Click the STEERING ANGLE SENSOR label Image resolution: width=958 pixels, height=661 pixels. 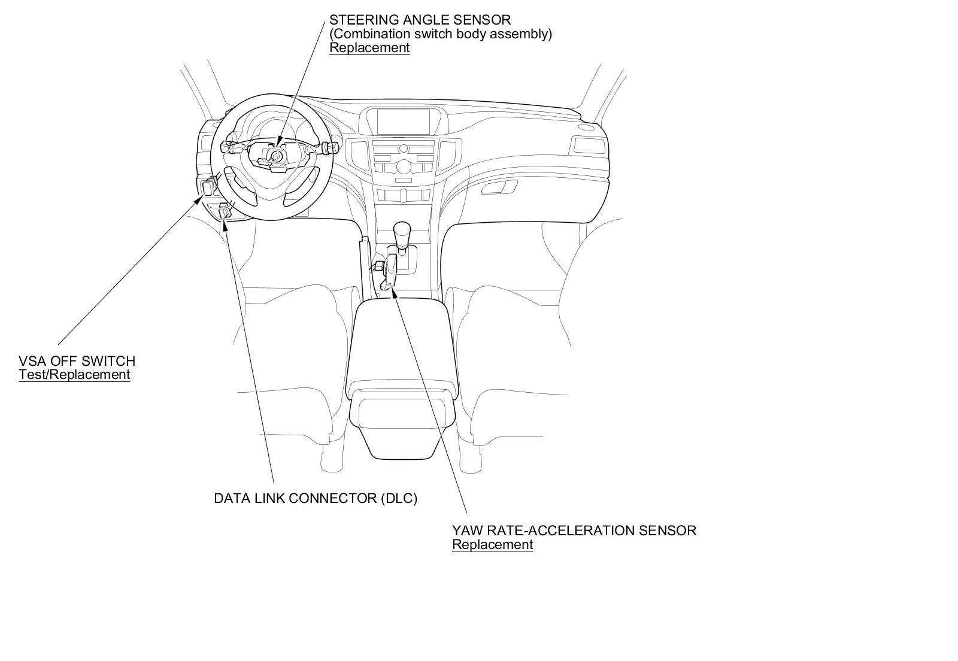click(420, 20)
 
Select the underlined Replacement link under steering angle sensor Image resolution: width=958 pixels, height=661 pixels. click(369, 48)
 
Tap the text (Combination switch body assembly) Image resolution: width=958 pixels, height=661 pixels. click(441, 34)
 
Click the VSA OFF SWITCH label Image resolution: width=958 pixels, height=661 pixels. click(77, 361)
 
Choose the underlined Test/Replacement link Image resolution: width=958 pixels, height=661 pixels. click(74, 375)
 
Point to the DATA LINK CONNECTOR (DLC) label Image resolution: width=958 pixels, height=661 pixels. click(316, 498)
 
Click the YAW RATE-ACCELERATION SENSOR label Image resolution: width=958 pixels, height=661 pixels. click(574, 530)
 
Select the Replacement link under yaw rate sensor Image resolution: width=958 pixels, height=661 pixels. click(492, 545)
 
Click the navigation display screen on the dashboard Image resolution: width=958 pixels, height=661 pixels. click(404, 122)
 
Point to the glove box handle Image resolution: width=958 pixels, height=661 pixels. click(498, 188)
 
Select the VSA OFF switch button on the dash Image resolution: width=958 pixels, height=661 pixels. click(209, 186)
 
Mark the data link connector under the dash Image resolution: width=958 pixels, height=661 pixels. click(225, 212)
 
